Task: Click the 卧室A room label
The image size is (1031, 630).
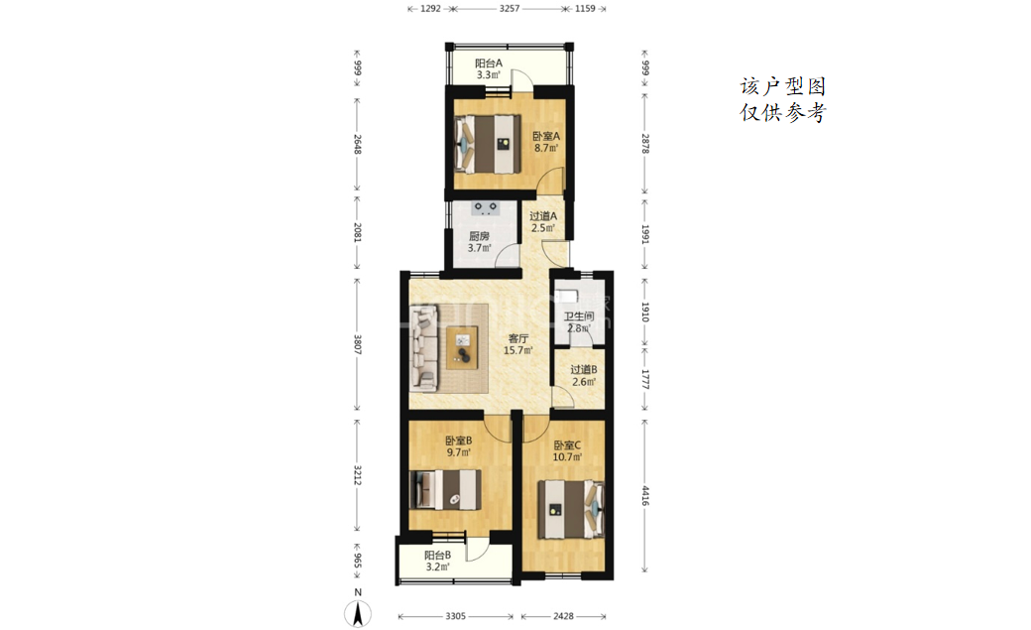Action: (x=546, y=136)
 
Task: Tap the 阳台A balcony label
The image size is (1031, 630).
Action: (x=489, y=63)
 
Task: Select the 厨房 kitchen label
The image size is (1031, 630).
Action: (x=480, y=236)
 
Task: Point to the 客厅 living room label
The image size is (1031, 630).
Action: (x=518, y=338)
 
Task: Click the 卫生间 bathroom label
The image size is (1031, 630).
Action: (x=579, y=315)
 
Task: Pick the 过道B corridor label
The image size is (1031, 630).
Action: (x=584, y=370)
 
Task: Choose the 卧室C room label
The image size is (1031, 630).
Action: (x=567, y=445)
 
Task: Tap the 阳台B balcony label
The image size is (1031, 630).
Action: (x=437, y=555)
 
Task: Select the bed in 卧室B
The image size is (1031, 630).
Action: (x=445, y=490)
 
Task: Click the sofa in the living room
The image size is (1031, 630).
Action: (x=424, y=347)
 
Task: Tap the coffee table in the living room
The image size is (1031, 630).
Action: (x=463, y=347)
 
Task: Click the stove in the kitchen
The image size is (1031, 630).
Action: (x=486, y=208)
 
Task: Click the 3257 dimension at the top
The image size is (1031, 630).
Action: (x=510, y=9)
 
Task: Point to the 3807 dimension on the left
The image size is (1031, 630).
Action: (x=358, y=344)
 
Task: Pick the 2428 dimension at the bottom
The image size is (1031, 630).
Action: (x=563, y=616)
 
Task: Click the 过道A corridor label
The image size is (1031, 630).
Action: (x=543, y=216)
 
